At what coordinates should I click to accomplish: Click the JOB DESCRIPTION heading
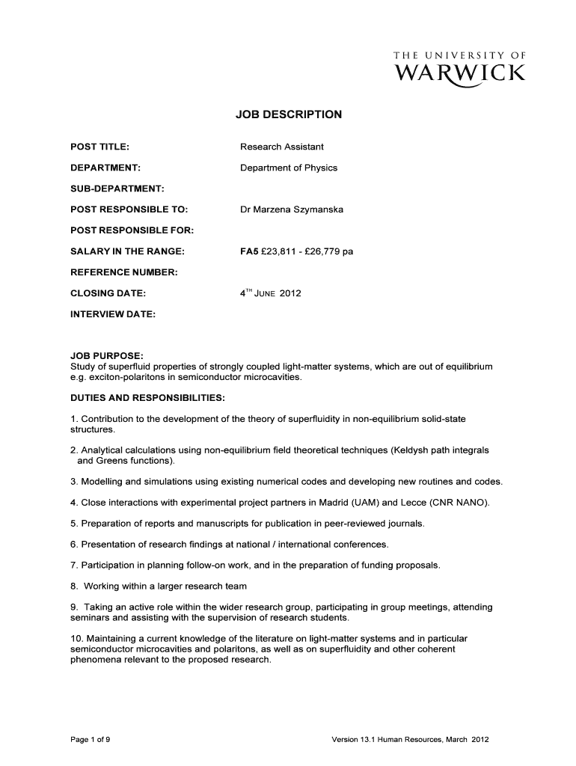[x=289, y=114]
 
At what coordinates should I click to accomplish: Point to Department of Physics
[x=289, y=168]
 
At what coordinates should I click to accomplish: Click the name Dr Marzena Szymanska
[x=292, y=209]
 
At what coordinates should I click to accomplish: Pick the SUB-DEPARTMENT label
[x=117, y=189]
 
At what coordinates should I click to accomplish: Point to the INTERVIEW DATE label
[x=112, y=314]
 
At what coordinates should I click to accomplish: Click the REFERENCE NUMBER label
[x=123, y=272]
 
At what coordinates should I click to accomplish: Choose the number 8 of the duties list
[x=73, y=586]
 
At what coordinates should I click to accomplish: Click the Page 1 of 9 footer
[x=91, y=740]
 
